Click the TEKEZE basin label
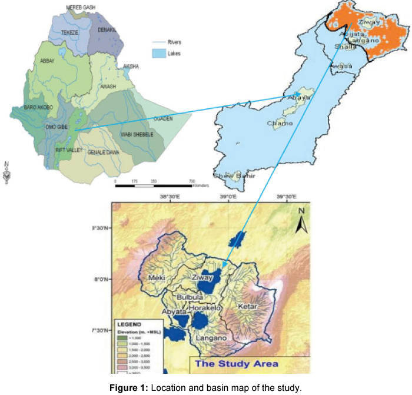tap(70, 34)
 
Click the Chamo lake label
tap(279, 124)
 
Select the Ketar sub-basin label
tap(245, 307)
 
